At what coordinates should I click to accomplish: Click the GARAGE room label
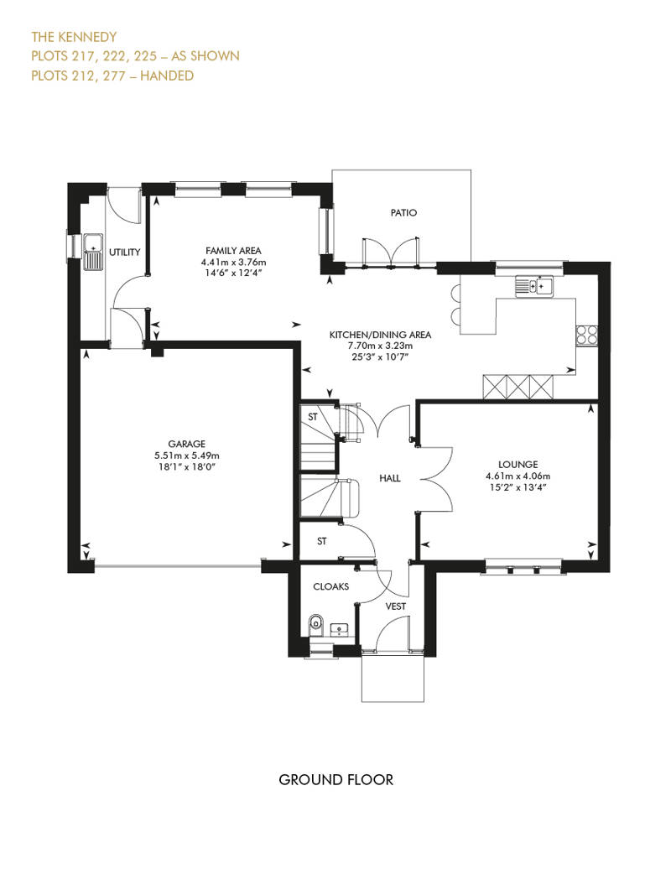click(x=187, y=444)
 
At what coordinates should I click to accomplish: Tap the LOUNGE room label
click(x=518, y=465)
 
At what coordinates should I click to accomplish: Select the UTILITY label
click(x=125, y=252)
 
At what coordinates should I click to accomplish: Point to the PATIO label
click(x=403, y=212)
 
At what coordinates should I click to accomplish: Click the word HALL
click(x=389, y=478)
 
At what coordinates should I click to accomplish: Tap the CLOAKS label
click(x=330, y=586)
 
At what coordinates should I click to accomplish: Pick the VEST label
click(x=396, y=606)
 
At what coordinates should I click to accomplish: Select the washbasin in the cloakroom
click(x=339, y=629)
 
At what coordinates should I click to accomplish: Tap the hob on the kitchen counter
click(x=587, y=335)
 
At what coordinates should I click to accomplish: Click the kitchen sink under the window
click(x=534, y=286)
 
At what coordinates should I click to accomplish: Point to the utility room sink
click(x=93, y=252)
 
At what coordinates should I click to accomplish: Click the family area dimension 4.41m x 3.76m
click(x=233, y=263)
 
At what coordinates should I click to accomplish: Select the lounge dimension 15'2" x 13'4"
click(x=518, y=487)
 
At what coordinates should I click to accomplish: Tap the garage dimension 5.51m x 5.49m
click(x=187, y=455)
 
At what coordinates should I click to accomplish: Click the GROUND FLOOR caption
click(x=335, y=780)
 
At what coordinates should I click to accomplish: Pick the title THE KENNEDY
click(x=74, y=37)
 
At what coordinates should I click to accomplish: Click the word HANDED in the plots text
click(x=167, y=75)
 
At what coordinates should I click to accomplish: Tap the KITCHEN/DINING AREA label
click(x=380, y=335)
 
